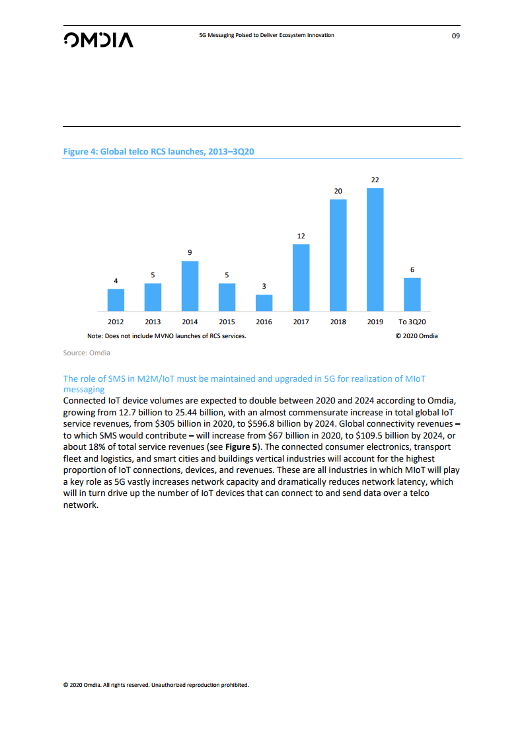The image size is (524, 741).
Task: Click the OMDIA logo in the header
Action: pos(98,40)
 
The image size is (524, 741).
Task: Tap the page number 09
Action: pos(455,36)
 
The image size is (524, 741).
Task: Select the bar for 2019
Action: pos(375,250)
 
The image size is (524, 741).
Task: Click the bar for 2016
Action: pos(264,302)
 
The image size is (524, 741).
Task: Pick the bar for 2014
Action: pos(190,286)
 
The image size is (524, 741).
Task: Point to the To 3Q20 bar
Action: pos(412,294)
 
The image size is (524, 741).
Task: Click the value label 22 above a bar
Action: pos(375,180)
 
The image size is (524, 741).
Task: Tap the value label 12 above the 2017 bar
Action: pos(301,236)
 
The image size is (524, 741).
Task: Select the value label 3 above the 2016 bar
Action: pos(264,285)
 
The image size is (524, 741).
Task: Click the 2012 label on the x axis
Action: pos(116,322)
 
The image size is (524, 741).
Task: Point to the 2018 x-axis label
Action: pos(338,322)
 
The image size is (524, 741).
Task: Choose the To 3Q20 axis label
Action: pos(412,322)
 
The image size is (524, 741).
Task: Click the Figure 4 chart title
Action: pos(159,152)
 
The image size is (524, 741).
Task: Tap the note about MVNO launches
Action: pos(162,336)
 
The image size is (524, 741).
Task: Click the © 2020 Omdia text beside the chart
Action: pos(416,336)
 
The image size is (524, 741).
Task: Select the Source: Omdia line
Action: pos(87,353)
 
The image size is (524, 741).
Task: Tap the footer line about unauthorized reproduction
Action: pos(156,685)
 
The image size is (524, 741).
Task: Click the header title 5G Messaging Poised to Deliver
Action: pos(266,35)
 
